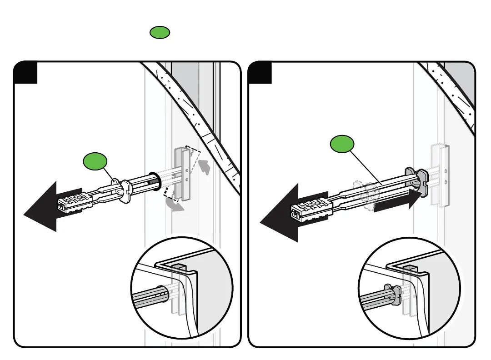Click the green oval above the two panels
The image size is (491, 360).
pos(160,32)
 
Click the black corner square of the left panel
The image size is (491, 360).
pos(25,73)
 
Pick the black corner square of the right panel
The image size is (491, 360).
pos(260,73)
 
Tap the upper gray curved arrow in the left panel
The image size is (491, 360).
pos(206,167)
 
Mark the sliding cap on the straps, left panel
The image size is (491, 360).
pos(122,190)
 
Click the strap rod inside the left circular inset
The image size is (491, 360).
pos(148,298)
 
